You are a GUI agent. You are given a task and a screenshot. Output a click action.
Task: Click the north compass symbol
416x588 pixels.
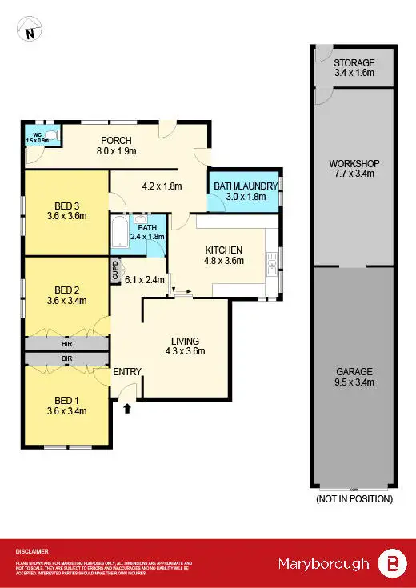pos(30,32)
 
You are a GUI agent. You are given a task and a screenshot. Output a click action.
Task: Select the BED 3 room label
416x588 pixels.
pos(66,210)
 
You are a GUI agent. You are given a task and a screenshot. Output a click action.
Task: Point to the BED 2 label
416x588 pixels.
pos(66,295)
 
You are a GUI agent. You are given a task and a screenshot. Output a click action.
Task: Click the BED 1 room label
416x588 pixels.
pos(66,406)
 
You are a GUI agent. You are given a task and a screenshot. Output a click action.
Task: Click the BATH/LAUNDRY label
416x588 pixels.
pos(245,191)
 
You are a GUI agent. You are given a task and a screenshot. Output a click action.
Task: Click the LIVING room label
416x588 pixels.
pos(184,345)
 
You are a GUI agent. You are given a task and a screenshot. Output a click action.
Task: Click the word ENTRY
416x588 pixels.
pos(127,372)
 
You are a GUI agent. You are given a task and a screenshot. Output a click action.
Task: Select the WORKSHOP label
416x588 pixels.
pos(353,170)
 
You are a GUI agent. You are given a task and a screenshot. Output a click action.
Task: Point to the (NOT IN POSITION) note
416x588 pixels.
pos(354,499)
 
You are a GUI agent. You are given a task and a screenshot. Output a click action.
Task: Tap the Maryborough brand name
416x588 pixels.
pos(323,564)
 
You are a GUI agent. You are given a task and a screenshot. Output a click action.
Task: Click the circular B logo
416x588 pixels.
pos(391,563)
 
